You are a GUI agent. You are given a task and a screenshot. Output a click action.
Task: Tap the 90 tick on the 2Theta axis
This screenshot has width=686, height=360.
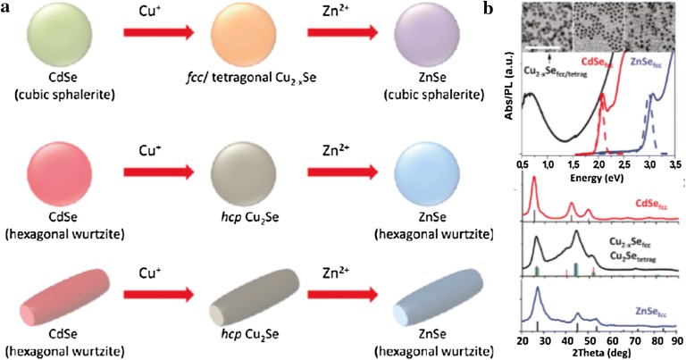pos(676,341)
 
